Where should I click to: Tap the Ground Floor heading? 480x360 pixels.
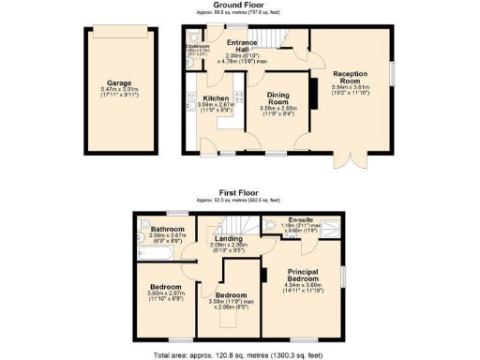point(239,7)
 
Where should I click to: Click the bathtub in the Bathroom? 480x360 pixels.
point(157,253)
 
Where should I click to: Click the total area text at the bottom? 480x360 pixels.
point(240,354)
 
